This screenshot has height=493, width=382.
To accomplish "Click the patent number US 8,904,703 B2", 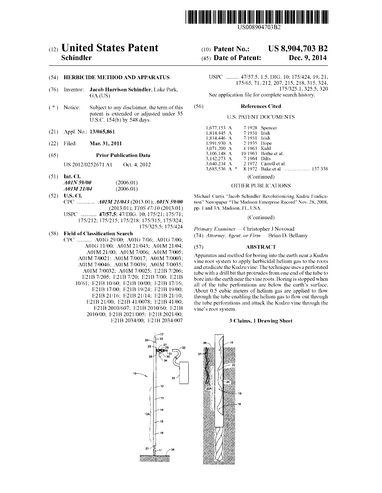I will tap(298, 49).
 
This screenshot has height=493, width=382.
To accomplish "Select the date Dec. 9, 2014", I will tap(308, 58).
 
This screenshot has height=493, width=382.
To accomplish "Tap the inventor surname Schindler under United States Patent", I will tap(76, 58).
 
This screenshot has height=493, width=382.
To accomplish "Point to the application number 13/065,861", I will tap(102, 132).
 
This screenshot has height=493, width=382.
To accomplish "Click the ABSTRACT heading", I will tap(261, 247).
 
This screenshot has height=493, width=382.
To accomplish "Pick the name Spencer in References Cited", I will tap(269, 128).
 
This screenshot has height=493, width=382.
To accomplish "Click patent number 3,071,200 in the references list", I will tap(215, 148).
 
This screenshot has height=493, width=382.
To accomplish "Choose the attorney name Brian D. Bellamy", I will tap(288, 236).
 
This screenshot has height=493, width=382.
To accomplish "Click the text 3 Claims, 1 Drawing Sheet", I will tap(261, 321).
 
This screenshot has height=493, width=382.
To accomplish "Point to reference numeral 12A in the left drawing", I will tap(147, 414).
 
